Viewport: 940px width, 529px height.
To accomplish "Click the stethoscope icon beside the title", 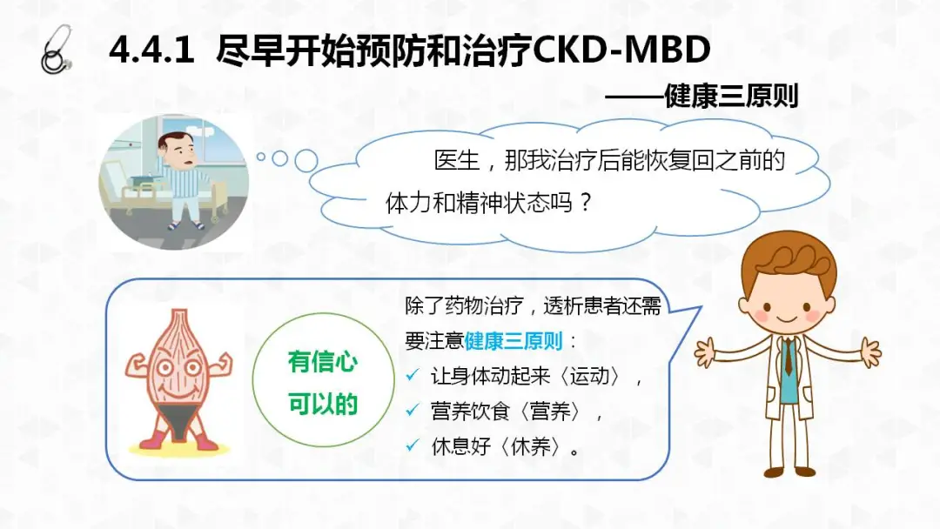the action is click(x=57, y=50).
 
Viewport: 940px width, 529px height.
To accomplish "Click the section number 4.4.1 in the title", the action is click(x=151, y=50).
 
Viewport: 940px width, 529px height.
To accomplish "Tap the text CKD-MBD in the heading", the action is click(x=621, y=50).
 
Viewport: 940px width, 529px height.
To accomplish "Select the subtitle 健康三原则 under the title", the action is click(x=731, y=97).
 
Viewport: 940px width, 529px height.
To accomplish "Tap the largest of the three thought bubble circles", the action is click(x=306, y=161).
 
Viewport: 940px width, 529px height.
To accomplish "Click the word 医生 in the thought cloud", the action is click(x=457, y=161).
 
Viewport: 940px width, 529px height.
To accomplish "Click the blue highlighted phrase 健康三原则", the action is click(x=514, y=341).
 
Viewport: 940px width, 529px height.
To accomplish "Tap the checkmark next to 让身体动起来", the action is click(x=413, y=376).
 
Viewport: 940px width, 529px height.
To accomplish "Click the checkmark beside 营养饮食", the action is click(x=413, y=411).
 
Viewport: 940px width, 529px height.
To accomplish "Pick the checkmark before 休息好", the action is click(x=413, y=445).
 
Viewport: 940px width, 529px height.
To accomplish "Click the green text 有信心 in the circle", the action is click(x=323, y=362).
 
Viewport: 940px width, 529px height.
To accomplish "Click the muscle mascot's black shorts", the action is click(x=178, y=419).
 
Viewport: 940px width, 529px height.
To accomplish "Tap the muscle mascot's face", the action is click(x=178, y=371).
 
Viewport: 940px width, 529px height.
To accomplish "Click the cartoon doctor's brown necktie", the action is click(x=788, y=356).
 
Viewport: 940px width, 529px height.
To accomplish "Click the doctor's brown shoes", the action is click(x=787, y=472).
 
